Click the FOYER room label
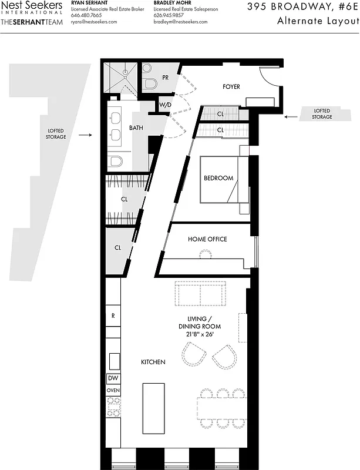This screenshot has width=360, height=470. tap(231, 87)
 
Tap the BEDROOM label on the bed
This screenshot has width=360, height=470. tap(218, 178)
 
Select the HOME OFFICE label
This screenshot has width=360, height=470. tap(207, 239)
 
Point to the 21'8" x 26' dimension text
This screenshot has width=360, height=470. tap(200, 334)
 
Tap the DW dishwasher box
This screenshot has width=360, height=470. tap(113, 379)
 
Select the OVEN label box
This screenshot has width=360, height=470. tap(113, 390)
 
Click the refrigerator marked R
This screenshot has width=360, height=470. tap(113, 315)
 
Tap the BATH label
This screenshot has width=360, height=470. tap(136, 127)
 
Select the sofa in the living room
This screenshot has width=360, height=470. tap(200, 294)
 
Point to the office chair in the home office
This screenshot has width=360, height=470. tap(205, 254)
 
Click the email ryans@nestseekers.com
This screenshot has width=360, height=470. tap(94, 22)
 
